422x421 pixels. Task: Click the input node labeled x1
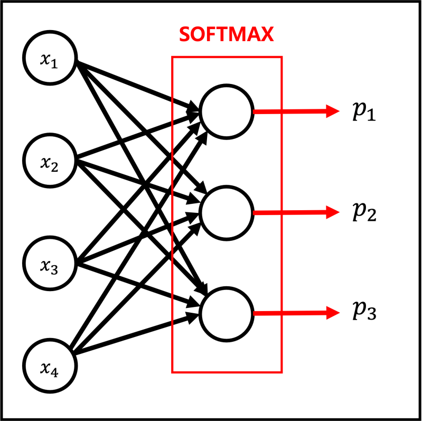tap(51, 59)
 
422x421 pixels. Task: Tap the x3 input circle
tap(51, 263)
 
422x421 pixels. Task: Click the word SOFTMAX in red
tap(227, 35)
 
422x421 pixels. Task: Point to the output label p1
tap(363, 112)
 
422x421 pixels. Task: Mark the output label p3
tap(363, 313)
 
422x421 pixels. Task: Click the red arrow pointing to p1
tap(296, 111)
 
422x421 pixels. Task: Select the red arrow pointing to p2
tap(296, 212)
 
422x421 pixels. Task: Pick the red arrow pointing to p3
tap(296, 313)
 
